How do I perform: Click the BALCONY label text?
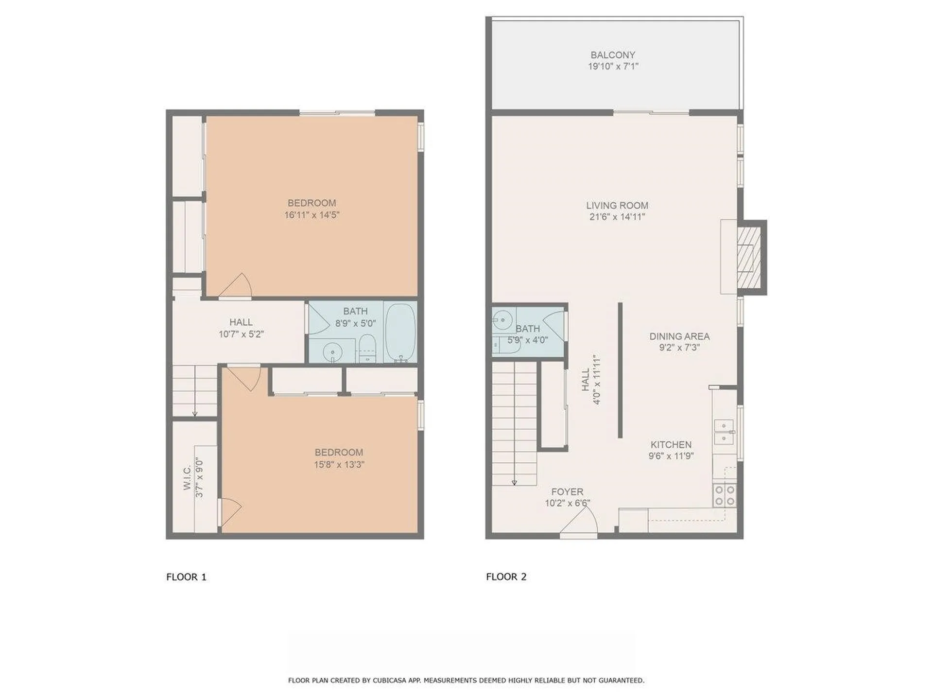pos(613,55)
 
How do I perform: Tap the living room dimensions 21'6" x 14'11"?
pos(617,217)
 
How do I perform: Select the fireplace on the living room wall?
pos(748,257)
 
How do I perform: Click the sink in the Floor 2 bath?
pos(502,320)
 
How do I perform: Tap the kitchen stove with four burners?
pos(725,495)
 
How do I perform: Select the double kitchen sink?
pos(724,432)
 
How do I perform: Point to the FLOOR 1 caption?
pos(186,577)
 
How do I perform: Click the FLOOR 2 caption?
pos(506,577)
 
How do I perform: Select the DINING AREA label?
pos(679,336)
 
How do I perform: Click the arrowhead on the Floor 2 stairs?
pos(514,483)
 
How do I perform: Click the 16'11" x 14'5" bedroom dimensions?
pos(311,215)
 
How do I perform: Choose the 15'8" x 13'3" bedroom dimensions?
pos(339,465)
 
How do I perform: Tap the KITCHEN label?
pos(671,444)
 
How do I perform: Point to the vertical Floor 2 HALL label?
pos(586,380)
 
